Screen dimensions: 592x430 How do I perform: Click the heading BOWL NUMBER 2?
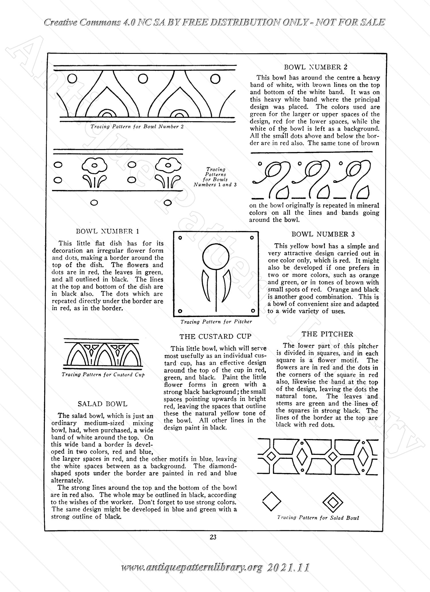tap(316, 67)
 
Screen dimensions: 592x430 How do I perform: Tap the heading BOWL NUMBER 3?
tap(323, 234)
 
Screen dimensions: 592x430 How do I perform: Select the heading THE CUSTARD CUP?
tap(215, 336)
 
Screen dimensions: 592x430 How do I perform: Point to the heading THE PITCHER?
tap(327, 334)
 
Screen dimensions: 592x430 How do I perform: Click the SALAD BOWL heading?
tap(102, 404)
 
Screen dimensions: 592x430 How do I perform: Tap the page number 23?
tap(213, 537)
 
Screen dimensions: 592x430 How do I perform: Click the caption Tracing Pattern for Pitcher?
tap(216, 322)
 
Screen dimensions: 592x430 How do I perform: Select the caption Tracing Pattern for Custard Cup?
tap(103, 375)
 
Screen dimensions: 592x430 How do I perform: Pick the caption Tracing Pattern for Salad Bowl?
tap(318, 518)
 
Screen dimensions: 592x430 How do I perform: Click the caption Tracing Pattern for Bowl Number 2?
tap(137, 126)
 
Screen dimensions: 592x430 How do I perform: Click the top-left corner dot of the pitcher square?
tap(180, 238)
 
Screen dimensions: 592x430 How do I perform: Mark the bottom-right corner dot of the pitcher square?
tap(253, 311)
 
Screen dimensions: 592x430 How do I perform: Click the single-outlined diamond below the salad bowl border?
tap(271, 501)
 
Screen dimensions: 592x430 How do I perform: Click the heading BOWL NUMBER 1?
tap(107, 231)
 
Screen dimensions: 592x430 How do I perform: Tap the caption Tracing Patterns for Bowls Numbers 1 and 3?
tap(215, 177)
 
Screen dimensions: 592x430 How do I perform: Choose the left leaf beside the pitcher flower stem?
tap(206, 285)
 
